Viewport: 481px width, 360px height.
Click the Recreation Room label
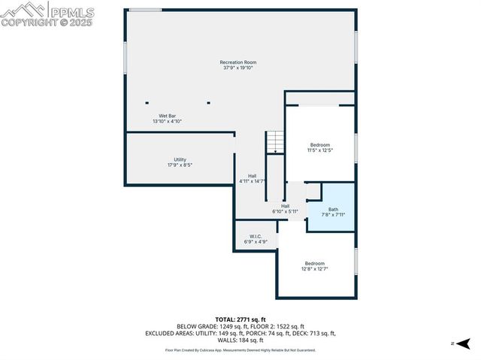tap(238, 62)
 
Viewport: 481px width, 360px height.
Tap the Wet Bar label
tap(167, 116)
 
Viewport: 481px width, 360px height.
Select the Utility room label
tap(180, 159)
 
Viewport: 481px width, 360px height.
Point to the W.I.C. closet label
tap(255, 237)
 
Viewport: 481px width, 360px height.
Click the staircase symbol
tap(276, 141)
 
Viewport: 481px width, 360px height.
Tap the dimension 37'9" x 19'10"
tap(238, 68)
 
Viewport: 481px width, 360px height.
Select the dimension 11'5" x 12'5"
tap(320, 150)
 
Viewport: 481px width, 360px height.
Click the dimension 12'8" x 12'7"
tap(315, 269)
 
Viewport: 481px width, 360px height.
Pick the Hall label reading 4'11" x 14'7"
tap(252, 181)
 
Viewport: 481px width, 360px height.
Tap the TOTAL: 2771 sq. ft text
tap(240, 319)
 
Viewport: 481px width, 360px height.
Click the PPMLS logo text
tap(73, 11)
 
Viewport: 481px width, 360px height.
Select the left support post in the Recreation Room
tap(147, 102)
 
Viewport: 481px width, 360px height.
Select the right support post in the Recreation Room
tap(209, 102)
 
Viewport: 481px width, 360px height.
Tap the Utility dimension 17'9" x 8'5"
tap(180, 165)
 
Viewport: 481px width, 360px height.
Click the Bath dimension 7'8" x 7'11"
tap(333, 215)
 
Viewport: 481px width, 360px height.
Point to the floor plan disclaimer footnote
tap(240, 349)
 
